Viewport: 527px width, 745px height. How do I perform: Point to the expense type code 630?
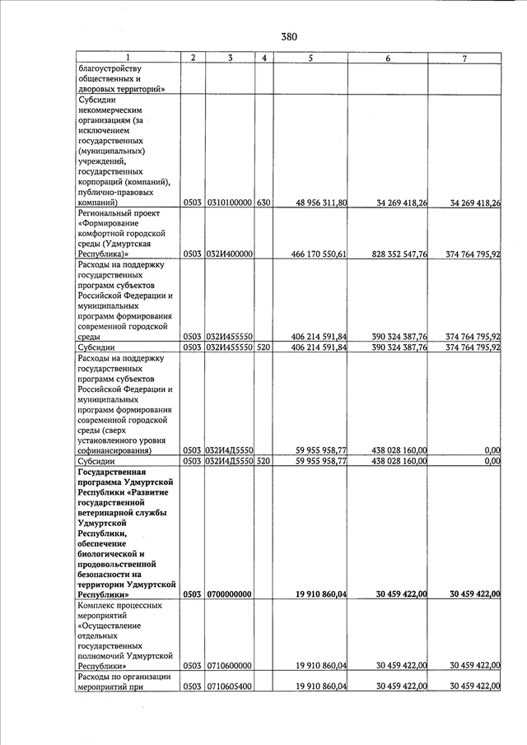(263, 203)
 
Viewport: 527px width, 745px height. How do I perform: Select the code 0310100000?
(229, 203)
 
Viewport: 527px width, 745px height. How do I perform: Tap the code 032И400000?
(229, 255)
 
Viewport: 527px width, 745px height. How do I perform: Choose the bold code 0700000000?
(229, 594)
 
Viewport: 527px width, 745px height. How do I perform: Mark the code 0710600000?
(229, 666)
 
